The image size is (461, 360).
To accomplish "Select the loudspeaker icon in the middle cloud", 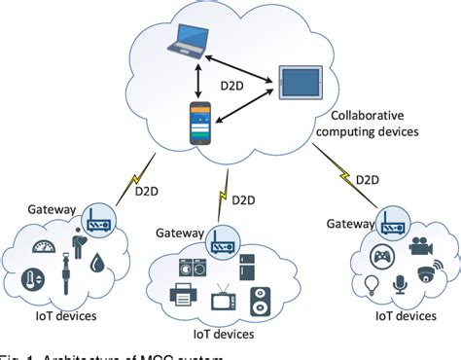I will point(262,301).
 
